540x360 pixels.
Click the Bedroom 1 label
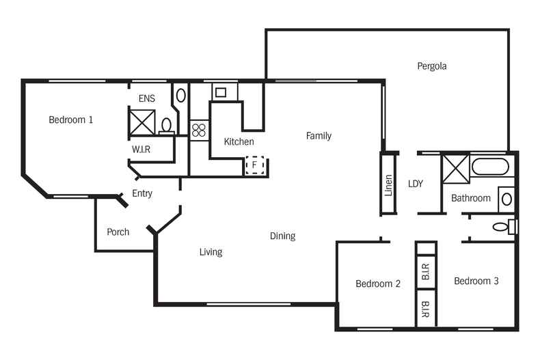point(70,120)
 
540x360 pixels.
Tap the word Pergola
point(432,66)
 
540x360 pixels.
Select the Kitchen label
point(239,141)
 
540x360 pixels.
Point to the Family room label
point(319,136)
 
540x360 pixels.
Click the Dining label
point(282,236)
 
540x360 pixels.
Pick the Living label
point(211,252)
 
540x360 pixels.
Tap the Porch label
point(118,232)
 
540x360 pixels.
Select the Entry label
point(142,193)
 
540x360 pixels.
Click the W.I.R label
point(141,150)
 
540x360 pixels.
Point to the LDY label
point(416,184)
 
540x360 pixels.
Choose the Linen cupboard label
point(388,185)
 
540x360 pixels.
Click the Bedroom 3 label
point(476,281)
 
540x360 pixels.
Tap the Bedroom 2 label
point(378,284)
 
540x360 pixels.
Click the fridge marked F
point(255,165)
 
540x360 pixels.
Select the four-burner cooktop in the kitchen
point(199,130)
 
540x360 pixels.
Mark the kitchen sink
point(220,92)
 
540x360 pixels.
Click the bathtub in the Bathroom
point(490,167)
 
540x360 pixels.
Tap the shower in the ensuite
point(142,122)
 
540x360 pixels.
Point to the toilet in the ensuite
point(167,126)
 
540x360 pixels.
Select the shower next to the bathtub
point(456,169)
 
